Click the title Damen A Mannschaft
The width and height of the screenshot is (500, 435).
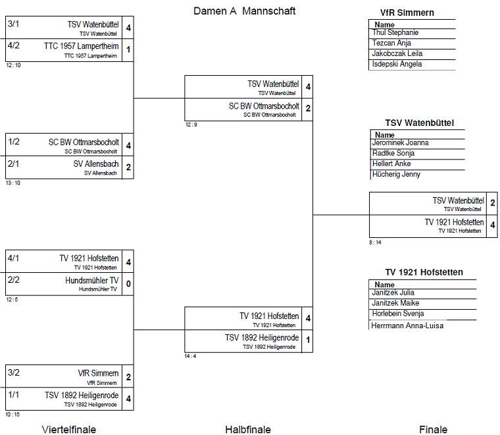point(244,11)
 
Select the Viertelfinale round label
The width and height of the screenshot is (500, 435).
point(69,429)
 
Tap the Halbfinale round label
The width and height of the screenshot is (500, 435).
point(248,429)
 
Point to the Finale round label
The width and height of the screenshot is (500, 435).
point(433,429)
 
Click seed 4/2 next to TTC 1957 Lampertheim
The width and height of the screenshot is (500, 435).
point(14,45)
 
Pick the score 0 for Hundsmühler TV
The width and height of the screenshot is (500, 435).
point(128,283)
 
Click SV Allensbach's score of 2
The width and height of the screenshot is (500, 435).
point(128,167)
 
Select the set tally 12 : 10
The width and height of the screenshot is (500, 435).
point(13,65)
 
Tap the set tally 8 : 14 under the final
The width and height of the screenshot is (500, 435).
point(375,243)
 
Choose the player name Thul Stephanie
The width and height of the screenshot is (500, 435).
point(395,32)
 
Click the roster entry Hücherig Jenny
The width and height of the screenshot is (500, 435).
point(396,175)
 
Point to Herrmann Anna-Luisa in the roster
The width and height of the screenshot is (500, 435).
point(407,326)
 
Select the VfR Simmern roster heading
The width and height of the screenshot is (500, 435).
point(407,13)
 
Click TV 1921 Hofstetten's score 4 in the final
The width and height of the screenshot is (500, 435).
point(492,225)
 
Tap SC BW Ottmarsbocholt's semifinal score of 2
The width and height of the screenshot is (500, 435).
point(308,108)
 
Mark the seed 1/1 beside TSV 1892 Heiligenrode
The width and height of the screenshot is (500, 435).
point(14,394)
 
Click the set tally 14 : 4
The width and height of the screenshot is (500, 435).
point(190,356)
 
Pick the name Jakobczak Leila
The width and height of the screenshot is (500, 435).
point(397,53)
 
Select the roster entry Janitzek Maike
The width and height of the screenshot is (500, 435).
point(395,303)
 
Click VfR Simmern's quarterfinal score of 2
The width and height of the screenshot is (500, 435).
point(128,377)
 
